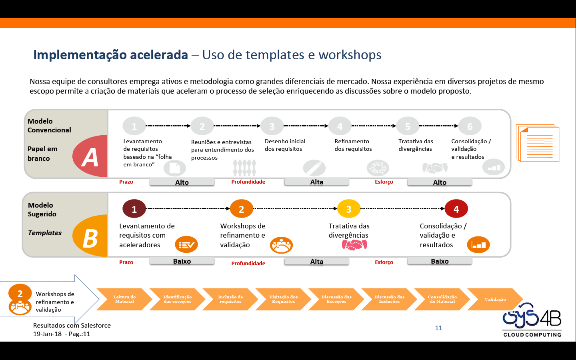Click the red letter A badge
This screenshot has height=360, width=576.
tap(90, 156)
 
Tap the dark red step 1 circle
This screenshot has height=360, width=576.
tap(134, 209)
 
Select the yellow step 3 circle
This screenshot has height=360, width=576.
tap(349, 209)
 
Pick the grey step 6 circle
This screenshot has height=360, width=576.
tap(470, 126)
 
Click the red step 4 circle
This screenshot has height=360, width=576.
tap(456, 209)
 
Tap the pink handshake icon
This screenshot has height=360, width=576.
tap(354, 245)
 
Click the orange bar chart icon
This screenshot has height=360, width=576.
tap(478, 245)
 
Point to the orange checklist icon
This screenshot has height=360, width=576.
tap(186, 245)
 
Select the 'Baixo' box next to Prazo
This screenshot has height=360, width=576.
tap(182, 261)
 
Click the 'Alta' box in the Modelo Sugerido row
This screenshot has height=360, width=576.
tap(317, 262)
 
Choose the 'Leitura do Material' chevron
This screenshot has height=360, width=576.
tap(124, 299)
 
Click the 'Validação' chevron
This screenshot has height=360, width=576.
tap(495, 299)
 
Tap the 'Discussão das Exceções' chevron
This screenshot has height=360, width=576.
tap(336, 299)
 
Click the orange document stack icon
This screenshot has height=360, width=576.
tap(538, 143)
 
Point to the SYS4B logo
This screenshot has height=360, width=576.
tap(532, 320)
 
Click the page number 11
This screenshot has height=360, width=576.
tap(438, 328)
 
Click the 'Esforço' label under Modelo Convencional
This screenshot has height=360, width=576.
tap(384, 182)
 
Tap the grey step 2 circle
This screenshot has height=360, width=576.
tap(202, 126)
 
